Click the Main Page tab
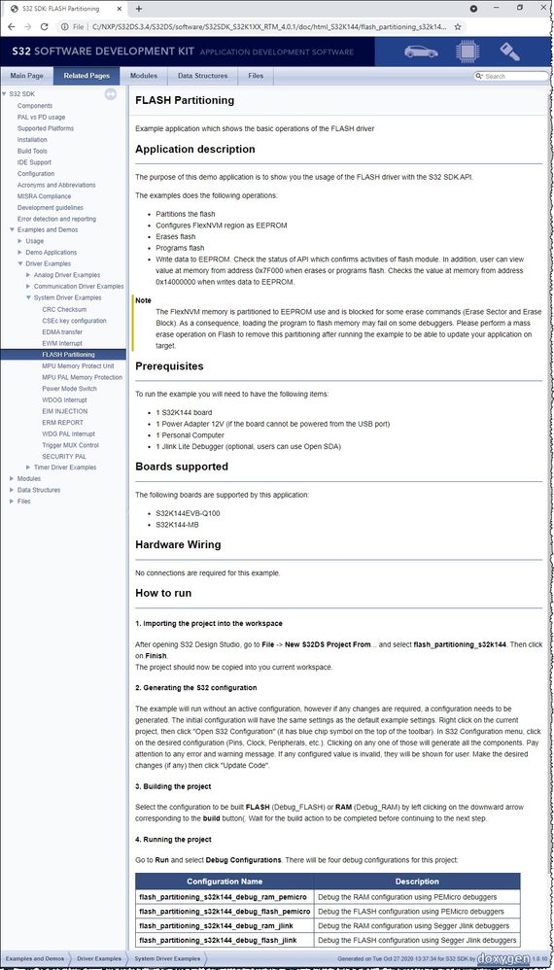[x=26, y=76]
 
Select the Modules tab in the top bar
[x=143, y=76]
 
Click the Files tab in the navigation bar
[x=256, y=76]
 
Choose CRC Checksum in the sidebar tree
[x=64, y=309]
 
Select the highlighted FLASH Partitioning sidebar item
[x=68, y=355]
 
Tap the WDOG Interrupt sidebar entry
[x=64, y=399]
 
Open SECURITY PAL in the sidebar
[x=64, y=456]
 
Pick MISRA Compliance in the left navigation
[x=44, y=196]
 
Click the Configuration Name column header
[x=225, y=882]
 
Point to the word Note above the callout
[x=143, y=300]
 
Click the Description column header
[x=416, y=882]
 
